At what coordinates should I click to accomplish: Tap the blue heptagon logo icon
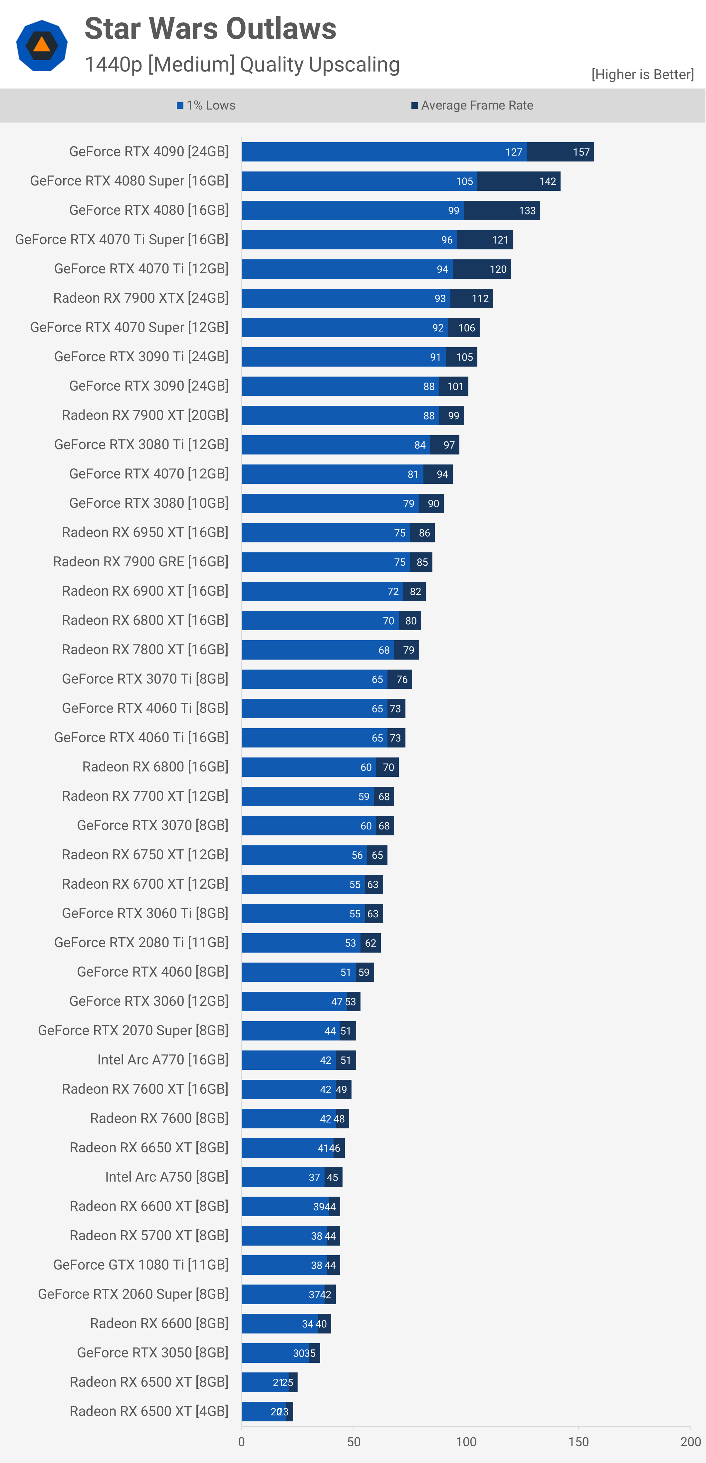(42, 45)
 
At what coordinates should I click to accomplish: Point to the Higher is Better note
(642, 74)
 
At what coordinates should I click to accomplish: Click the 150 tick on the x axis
(578, 1441)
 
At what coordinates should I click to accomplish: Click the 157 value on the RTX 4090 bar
(581, 152)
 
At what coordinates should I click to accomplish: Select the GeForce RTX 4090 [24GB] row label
(149, 151)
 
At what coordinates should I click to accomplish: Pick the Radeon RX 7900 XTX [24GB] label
(141, 298)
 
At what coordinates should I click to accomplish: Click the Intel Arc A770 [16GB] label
(163, 1060)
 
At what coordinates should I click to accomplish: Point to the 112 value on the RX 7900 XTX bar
(480, 299)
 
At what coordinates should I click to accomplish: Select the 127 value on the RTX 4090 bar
(514, 152)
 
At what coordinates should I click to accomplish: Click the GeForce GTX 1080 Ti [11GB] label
(141, 1265)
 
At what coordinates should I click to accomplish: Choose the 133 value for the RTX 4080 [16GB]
(527, 211)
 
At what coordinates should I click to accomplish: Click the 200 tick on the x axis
(690, 1441)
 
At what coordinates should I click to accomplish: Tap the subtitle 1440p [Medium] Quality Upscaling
(242, 65)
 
